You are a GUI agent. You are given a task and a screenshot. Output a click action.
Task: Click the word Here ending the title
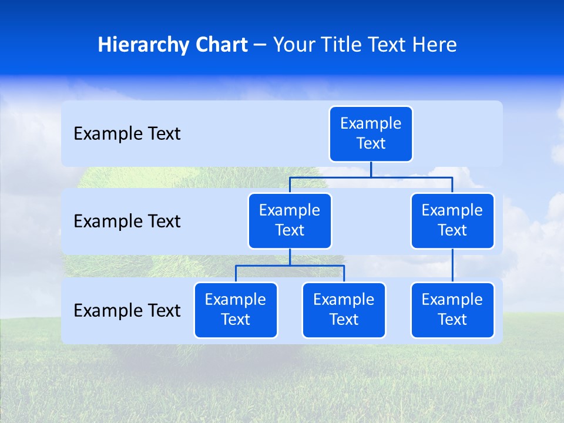coord(435,45)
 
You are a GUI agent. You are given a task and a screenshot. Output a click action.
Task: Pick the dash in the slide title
coord(260,45)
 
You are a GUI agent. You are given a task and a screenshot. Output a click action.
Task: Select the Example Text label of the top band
coord(127,134)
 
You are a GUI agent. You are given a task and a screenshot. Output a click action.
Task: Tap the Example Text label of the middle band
coord(127,221)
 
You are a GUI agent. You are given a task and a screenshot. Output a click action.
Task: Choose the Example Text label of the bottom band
coord(127,310)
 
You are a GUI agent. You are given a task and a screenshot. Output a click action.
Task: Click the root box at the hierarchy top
coord(371,134)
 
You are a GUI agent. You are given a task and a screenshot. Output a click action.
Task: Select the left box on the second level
coord(290,221)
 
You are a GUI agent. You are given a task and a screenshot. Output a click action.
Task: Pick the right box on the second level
coord(452,221)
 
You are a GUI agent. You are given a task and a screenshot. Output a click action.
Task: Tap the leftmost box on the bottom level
coord(236,310)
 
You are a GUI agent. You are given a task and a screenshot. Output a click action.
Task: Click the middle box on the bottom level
coord(344,310)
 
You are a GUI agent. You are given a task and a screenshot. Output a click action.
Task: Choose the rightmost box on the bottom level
coord(452,310)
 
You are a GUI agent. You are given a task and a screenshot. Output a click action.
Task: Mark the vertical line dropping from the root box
coord(371,169)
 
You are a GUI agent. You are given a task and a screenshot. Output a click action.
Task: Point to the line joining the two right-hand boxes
coord(452,266)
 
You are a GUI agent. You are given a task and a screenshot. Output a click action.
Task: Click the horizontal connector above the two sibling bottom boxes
coord(290,266)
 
